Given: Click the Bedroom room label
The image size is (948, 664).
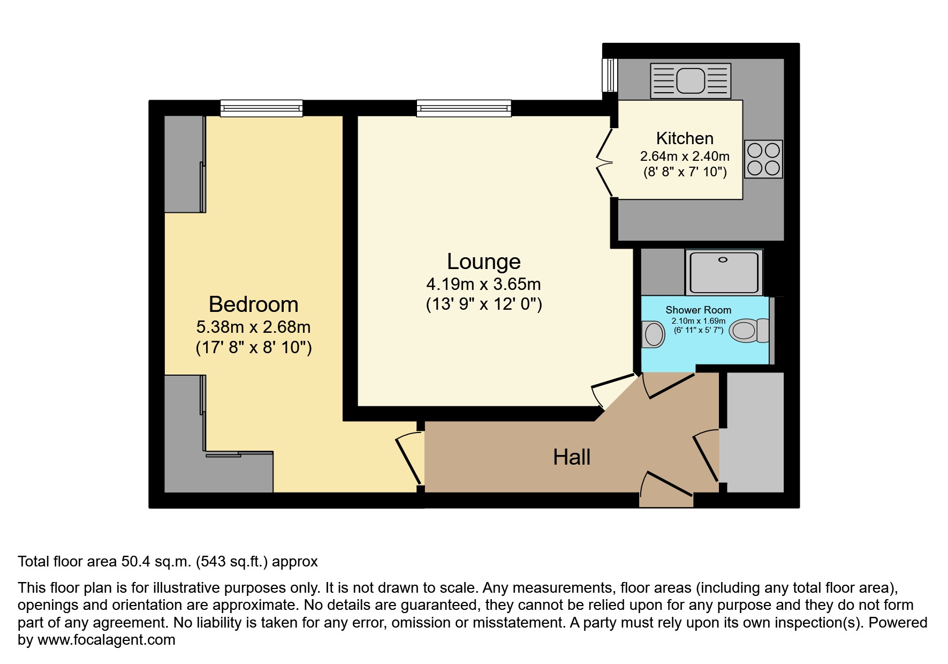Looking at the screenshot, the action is pyautogui.click(x=253, y=304).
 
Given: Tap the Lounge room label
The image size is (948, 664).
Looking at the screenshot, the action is pyautogui.click(x=484, y=262).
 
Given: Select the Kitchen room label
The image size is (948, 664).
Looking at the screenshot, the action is pyautogui.click(x=685, y=138).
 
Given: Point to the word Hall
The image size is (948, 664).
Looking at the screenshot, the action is pyautogui.click(x=572, y=457).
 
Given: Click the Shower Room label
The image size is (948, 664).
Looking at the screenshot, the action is pyautogui.click(x=698, y=310).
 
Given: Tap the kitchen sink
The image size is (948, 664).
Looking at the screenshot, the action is pyautogui.click(x=691, y=81).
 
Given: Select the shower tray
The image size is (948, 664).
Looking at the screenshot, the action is pyautogui.click(x=724, y=272).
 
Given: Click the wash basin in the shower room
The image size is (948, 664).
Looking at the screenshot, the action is pyautogui.click(x=653, y=334).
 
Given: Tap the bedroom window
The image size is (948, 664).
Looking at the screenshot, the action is pyautogui.click(x=261, y=108).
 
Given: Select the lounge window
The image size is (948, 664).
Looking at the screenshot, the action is pyautogui.click(x=464, y=108).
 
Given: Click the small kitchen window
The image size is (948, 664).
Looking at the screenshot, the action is pyautogui.click(x=610, y=75).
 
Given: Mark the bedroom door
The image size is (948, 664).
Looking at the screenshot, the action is pyautogui.click(x=410, y=460).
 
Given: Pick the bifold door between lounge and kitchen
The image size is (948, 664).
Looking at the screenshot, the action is pyautogui.click(x=605, y=162).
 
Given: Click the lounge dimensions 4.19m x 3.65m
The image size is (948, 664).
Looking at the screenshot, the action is pyautogui.click(x=483, y=284).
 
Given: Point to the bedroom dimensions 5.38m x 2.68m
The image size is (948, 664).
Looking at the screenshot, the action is pyautogui.click(x=254, y=327).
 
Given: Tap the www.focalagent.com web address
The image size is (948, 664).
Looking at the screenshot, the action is pyautogui.click(x=107, y=640).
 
